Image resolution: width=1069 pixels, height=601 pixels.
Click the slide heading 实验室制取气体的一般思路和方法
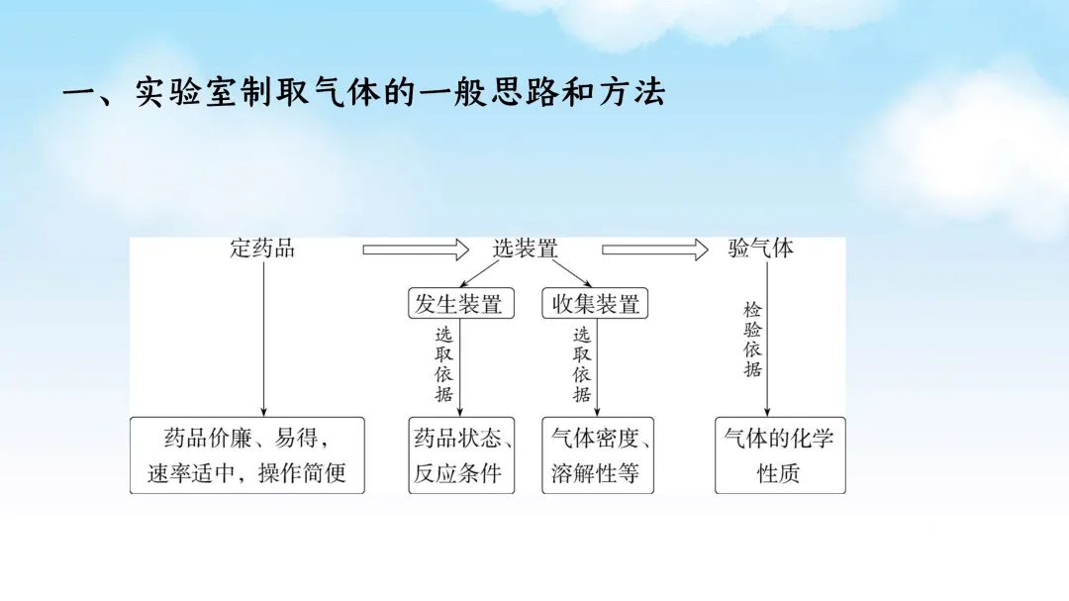pyautogui.click(x=363, y=94)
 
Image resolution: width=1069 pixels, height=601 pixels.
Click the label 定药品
pyautogui.click(x=262, y=249)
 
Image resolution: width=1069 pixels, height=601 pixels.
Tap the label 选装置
pyautogui.click(x=526, y=249)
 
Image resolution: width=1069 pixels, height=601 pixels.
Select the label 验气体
pyautogui.click(x=761, y=249)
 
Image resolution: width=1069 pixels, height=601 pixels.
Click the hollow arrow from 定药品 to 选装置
pyautogui.click(x=416, y=250)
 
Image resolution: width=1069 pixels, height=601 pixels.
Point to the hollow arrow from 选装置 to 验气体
pyautogui.click(x=655, y=250)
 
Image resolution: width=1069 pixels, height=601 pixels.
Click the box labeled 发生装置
pyautogui.click(x=458, y=304)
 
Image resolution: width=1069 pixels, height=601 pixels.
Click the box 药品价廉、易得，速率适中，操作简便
pyautogui.click(x=246, y=455)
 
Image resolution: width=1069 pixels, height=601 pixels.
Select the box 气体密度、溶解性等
pyautogui.click(x=598, y=455)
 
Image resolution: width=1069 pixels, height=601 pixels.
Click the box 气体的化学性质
pyautogui.click(x=780, y=455)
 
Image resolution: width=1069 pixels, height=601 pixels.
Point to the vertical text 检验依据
pyautogui.click(x=753, y=340)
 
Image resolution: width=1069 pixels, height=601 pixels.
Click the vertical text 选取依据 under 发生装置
pyautogui.click(x=443, y=364)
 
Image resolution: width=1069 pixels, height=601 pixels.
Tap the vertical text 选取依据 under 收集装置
pyautogui.click(x=582, y=364)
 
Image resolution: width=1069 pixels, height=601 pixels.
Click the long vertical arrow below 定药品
pyautogui.click(x=263, y=337)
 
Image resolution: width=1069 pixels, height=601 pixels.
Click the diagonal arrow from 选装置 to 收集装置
pyautogui.click(x=570, y=274)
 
